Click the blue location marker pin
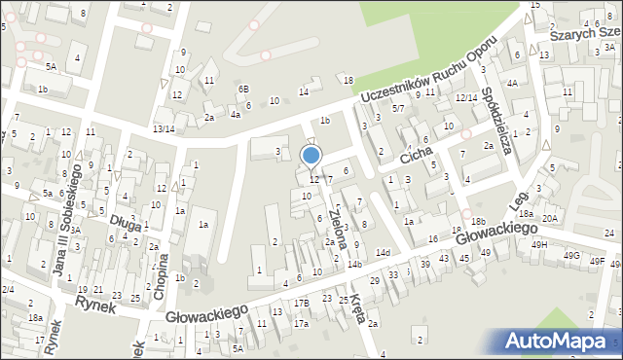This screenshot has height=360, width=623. point(311,156)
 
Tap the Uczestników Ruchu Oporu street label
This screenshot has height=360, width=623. point(428,71)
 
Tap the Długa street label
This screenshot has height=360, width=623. point(126,223)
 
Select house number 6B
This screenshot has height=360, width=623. point(243,90)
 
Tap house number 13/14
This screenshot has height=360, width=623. point(163,128)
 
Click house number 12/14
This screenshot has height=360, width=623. point(466,97)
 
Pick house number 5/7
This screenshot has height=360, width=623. point(398,108)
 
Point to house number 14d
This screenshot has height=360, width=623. point(384,253)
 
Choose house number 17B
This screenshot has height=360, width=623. point(302,304)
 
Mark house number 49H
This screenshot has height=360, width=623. point(538,244)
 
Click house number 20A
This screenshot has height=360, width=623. point(550,219)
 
